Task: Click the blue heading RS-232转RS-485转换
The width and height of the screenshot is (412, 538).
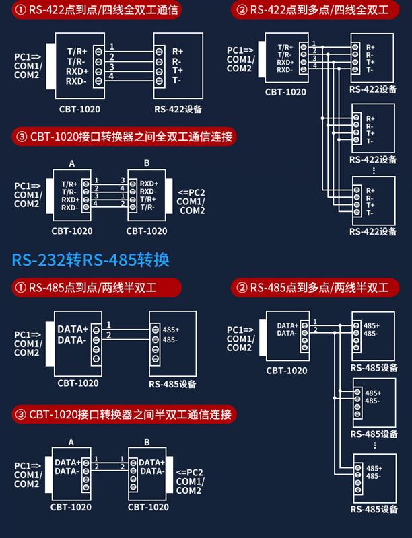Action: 90,260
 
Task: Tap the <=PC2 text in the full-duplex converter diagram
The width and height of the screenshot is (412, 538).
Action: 191,192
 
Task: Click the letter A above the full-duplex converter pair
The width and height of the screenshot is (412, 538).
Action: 71,164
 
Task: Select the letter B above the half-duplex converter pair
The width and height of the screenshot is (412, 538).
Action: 147,442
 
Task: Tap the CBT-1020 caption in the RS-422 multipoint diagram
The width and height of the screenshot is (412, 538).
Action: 285,93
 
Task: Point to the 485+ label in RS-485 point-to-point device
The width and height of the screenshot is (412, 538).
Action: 171,330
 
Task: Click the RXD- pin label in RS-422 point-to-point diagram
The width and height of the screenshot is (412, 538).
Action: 76,81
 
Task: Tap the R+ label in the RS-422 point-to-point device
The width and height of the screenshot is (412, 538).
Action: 178,51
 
